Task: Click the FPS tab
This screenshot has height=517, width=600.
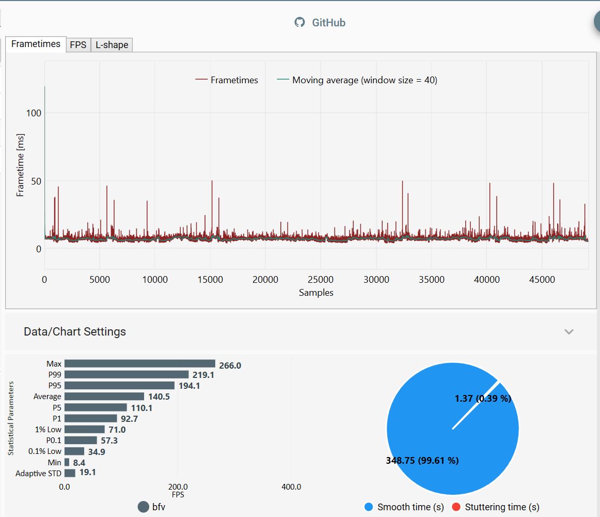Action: (x=78, y=45)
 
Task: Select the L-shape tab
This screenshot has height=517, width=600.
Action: (x=112, y=45)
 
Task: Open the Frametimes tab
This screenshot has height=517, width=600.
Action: (x=36, y=44)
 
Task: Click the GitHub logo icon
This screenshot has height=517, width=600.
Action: (x=299, y=22)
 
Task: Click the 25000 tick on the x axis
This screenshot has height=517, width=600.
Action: (x=321, y=280)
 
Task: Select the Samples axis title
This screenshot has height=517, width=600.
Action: (x=316, y=293)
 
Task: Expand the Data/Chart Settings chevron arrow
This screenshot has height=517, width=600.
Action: (x=569, y=331)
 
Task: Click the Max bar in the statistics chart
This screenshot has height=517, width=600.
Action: (x=139, y=363)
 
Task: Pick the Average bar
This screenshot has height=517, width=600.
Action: (x=104, y=397)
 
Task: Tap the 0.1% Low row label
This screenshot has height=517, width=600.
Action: (x=45, y=451)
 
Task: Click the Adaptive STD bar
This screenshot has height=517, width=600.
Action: (x=70, y=473)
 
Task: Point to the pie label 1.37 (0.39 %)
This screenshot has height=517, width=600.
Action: (x=483, y=399)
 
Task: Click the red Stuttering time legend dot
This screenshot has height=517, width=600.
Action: (x=456, y=507)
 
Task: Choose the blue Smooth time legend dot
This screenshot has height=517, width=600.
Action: (x=369, y=507)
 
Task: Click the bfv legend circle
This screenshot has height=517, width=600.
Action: (x=144, y=507)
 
